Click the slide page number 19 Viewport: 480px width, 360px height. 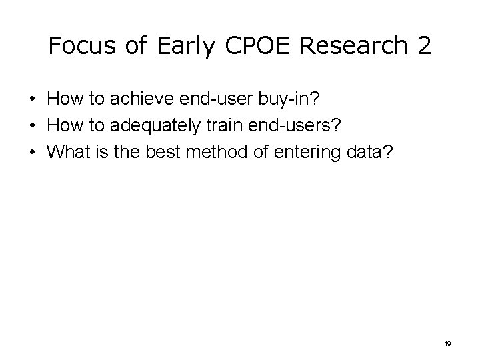point(447,343)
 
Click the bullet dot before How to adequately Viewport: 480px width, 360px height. point(33,127)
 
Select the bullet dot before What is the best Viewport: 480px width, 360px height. point(33,152)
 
